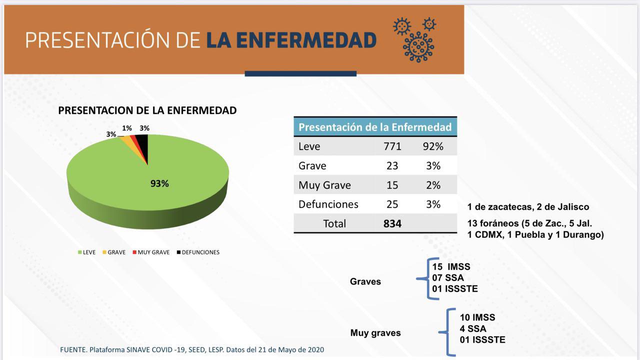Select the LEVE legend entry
(86, 252)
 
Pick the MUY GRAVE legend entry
(151, 252)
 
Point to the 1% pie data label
(127, 128)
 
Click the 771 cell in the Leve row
(392, 146)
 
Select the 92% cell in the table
(433, 146)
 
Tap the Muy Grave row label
(324, 185)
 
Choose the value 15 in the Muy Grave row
(392, 185)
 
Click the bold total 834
(392, 223)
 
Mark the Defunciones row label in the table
(328, 204)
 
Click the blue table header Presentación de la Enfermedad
(375, 126)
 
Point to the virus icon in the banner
(415, 40)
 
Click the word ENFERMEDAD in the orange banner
(291, 40)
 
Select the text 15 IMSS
(451, 267)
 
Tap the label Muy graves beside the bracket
(375, 333)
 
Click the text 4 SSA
(473, 329)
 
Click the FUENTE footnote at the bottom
(192, 349)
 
